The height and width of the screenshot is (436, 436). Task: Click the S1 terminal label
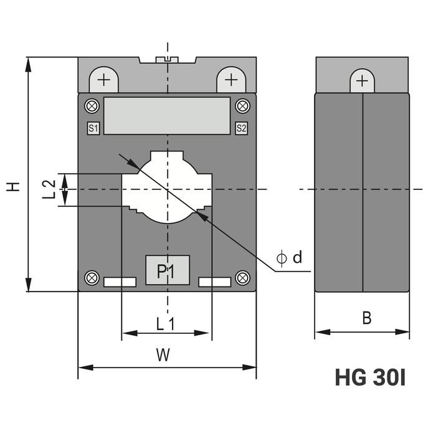93,129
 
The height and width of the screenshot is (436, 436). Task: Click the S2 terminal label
241,129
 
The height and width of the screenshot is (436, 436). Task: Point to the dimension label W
163,355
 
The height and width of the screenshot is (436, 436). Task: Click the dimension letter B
367,318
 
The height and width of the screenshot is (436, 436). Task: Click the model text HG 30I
370,378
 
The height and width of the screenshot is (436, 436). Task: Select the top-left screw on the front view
92,106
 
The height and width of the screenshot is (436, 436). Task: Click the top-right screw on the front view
242,106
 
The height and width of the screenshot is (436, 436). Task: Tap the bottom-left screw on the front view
92,278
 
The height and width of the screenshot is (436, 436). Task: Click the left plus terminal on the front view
104,80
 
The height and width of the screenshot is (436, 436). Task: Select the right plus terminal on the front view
231,80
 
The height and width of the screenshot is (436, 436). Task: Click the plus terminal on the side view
362,81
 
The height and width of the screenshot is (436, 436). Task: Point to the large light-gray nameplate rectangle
167,115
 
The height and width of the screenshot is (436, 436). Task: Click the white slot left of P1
120,282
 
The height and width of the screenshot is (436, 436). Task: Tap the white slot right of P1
214,282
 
